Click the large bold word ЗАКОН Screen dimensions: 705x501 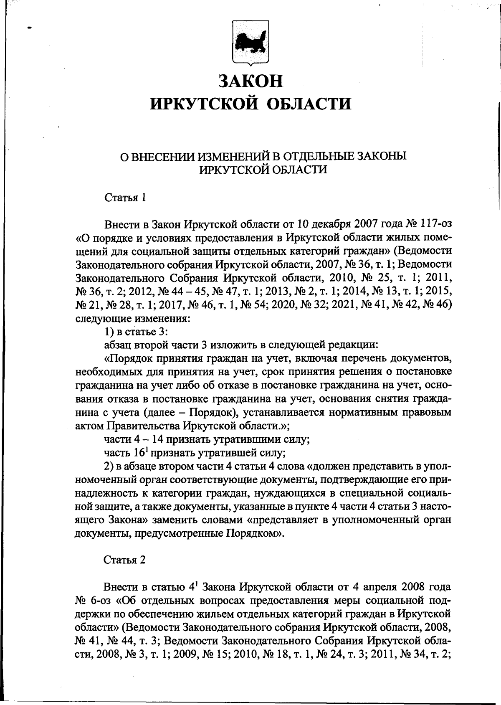(251, 81)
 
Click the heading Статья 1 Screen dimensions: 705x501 (125, 198)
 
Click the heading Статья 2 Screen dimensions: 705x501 (125, 560)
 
